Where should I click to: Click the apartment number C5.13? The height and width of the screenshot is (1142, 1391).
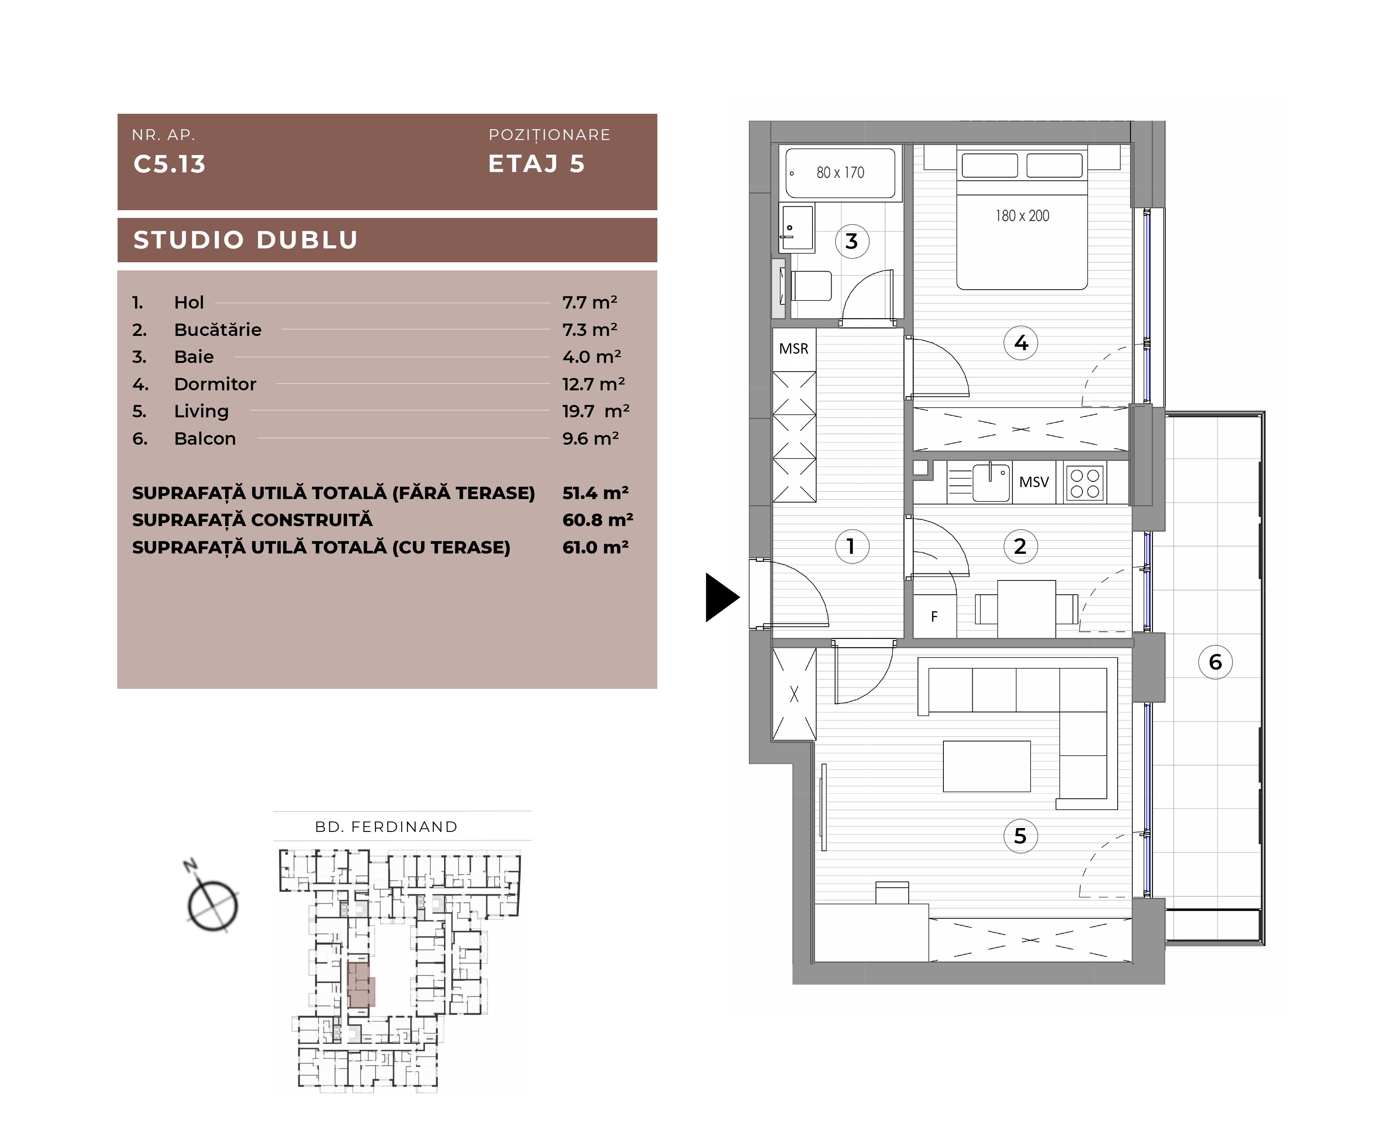[x=170, y=164]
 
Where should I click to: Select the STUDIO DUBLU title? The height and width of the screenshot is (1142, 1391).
[x=245, y=240]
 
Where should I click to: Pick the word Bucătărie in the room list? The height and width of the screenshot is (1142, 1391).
[x=218, y=330]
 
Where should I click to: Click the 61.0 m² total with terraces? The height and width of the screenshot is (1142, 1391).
[x=595, y=547]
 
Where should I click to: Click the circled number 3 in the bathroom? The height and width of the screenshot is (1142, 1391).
[x=852, y=241]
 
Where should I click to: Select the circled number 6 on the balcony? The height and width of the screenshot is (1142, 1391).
[x=1215, y=662]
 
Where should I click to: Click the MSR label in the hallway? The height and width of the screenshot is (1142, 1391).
[x=794, y=349]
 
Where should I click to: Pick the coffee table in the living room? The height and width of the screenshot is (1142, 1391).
[x=987, y=766]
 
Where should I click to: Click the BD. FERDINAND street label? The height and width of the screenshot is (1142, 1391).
[x=386, y=827]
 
